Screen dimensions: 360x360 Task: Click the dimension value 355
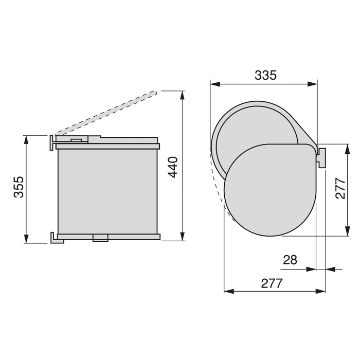click(19, 187)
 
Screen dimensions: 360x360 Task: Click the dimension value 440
click(172, 167)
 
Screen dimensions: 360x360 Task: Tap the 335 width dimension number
click(266, 75)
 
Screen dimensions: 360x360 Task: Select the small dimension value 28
click(290, 260)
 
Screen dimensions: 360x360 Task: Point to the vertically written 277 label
click(340, 188)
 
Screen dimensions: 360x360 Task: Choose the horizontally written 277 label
click(272, 283)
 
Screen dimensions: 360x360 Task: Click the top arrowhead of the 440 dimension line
click(183, 95)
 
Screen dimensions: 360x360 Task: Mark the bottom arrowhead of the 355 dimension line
click(26, 239)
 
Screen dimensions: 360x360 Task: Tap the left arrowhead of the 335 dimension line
click(215, 84)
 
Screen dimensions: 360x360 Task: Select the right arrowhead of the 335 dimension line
click(313, 84)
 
